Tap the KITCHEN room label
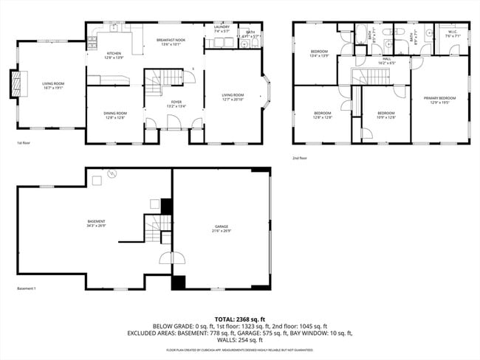tap(114, 54)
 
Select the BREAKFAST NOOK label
tap(171, 41)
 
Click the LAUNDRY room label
tap(222, 28)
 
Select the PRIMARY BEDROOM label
tap(439, 97)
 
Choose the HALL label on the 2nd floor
tap(387, 60)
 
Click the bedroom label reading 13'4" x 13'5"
tap(319, 51)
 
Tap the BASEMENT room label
tap(96, 222)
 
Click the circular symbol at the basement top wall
tap(112, 174)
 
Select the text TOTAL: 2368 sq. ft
tap(239, 318)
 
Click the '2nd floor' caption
tap(300, 158)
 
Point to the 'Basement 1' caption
tap(26, 288)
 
